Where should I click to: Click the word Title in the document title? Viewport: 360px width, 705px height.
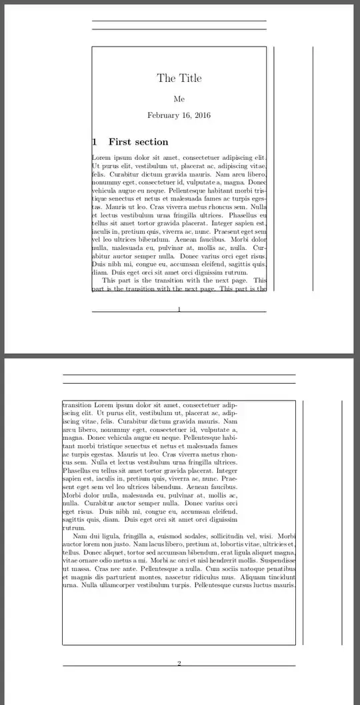[x=189, y=78]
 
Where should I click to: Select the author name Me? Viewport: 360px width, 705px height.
[x=179, y=99]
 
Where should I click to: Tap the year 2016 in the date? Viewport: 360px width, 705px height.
[x=199, y=115]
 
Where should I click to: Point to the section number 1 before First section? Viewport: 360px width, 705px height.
[x=94, y=142]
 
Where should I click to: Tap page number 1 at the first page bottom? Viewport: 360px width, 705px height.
[x=179, y=309]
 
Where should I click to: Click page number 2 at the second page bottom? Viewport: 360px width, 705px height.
[x=179, y=662]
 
